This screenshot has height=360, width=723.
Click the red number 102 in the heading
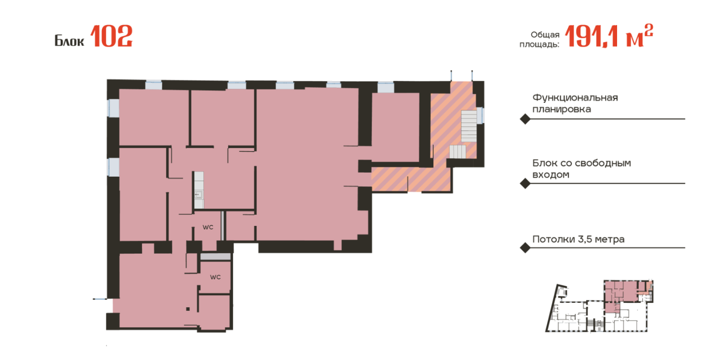point(111,36)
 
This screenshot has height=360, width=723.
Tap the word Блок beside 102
point(69,41)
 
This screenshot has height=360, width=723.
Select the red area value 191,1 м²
point(609,36)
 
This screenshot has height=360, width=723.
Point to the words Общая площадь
point(539,39)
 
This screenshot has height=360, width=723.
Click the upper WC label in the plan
point(208,227)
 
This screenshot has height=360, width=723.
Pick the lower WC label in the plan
point(215,277)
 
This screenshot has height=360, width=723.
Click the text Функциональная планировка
point(575,103)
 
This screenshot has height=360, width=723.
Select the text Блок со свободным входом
point(581,169)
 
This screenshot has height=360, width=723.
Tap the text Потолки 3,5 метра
point(578,239)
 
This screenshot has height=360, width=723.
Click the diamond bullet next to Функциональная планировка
point(525,119)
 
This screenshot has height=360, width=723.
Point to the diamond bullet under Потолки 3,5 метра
point(525,248)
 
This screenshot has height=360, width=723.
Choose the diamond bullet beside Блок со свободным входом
point(525,183)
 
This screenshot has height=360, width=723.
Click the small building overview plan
point(599,306)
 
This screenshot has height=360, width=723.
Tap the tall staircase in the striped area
point(468,126)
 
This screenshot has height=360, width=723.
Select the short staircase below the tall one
point(458,152)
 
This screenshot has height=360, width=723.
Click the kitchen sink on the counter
point(198,194)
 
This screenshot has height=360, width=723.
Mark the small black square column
point(188,309)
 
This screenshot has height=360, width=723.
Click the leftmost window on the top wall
point(154,85)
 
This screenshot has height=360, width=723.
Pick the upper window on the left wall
point(113,108)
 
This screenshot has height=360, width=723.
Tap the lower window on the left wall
point(113,167)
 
